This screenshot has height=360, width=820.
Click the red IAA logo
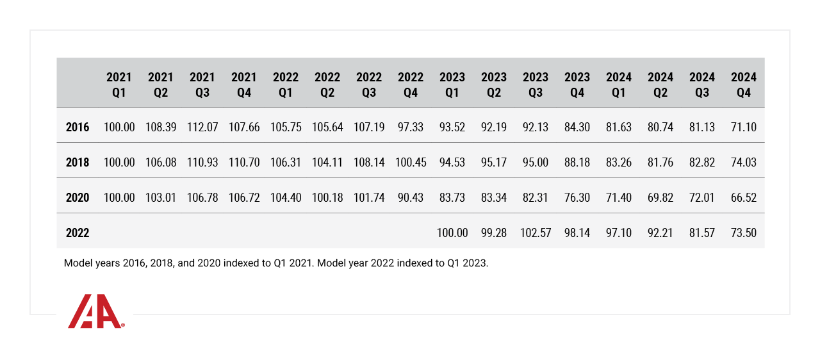tap(95, 312)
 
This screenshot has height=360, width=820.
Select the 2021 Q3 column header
tap(202, 85)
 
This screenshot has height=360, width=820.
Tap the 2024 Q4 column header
tap(744, 85)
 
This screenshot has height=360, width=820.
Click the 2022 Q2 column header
tap(327, 85)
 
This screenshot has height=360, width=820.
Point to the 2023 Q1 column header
tap(452, 85)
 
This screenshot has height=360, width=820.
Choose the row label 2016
tap(78, 127)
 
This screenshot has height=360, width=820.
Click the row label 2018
tap(78, 163)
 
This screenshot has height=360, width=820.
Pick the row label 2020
tap(78, 198)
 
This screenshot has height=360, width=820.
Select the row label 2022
tap(78, 233)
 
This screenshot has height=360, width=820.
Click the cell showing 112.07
tap(202, 127)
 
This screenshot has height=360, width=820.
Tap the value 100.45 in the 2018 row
tap(411, 163)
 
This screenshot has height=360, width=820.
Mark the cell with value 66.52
tap(744, 198)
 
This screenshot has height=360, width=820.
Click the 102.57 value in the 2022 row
tap(536, 233)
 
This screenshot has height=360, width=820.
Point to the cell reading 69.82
tap(660, 198)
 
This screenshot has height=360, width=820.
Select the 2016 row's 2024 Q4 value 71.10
tap(744, 127)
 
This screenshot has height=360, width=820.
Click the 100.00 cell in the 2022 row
tap(452, 233)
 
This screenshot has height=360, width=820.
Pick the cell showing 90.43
tap(411, 198)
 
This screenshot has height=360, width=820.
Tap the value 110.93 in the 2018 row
tap(202, 163)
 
